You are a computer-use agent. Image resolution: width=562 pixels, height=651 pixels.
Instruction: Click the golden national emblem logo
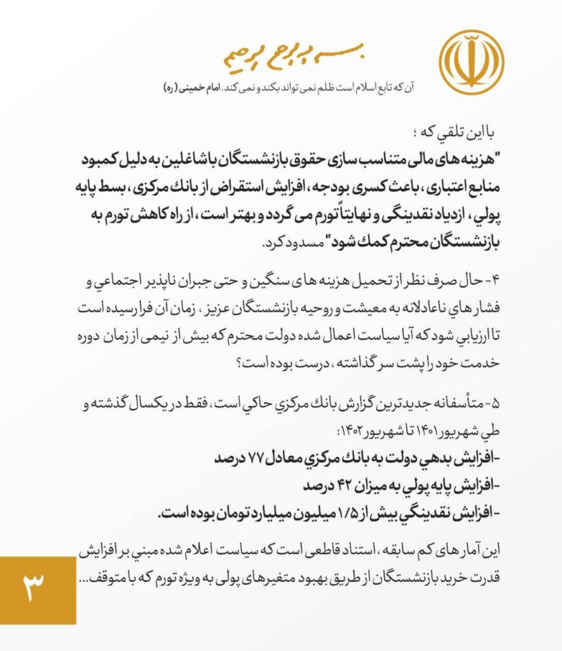point(472,58)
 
